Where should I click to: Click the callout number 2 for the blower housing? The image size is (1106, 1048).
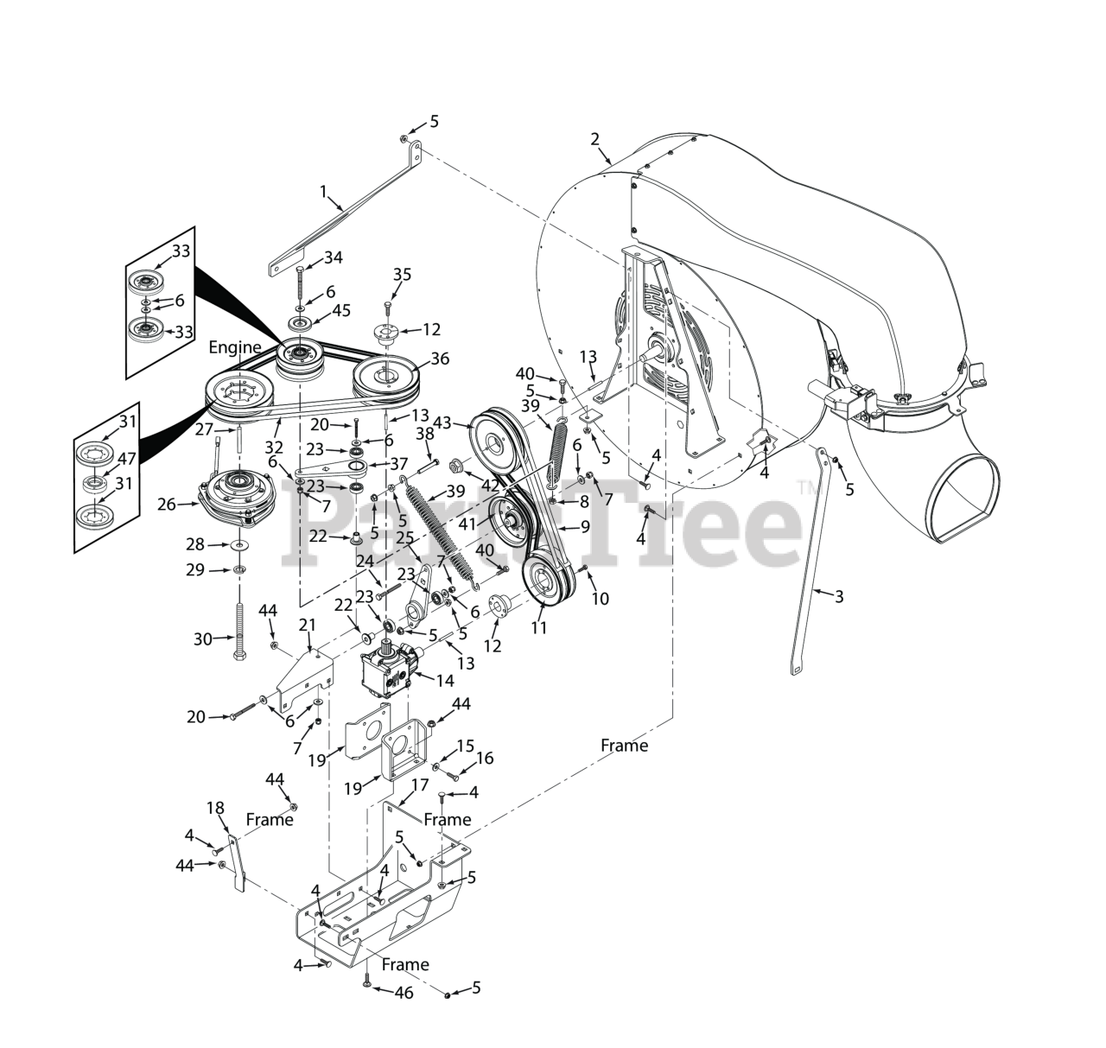[x=594, y=138]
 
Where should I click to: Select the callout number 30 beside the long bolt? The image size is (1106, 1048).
[x=203, y=639]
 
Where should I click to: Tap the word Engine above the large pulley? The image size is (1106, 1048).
[x=235, y=347]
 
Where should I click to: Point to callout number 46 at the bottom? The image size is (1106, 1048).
[x=404, y=993]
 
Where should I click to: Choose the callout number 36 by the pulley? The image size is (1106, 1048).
[x=440, y=358]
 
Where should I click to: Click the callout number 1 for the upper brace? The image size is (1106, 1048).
[x=324, y=191]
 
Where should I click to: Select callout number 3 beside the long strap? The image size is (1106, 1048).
[x=838, y=595]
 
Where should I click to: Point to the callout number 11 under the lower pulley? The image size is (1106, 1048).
[x=539, y=628]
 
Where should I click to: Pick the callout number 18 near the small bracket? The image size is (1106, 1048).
[x=215, y=808]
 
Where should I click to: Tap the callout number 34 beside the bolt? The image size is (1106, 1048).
[x=333, y=257]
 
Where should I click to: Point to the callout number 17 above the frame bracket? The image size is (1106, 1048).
[x=420, y=785]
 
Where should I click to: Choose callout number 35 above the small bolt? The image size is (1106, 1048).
[x=403, y=275]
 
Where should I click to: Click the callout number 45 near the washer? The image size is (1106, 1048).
[x=341, y=310]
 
